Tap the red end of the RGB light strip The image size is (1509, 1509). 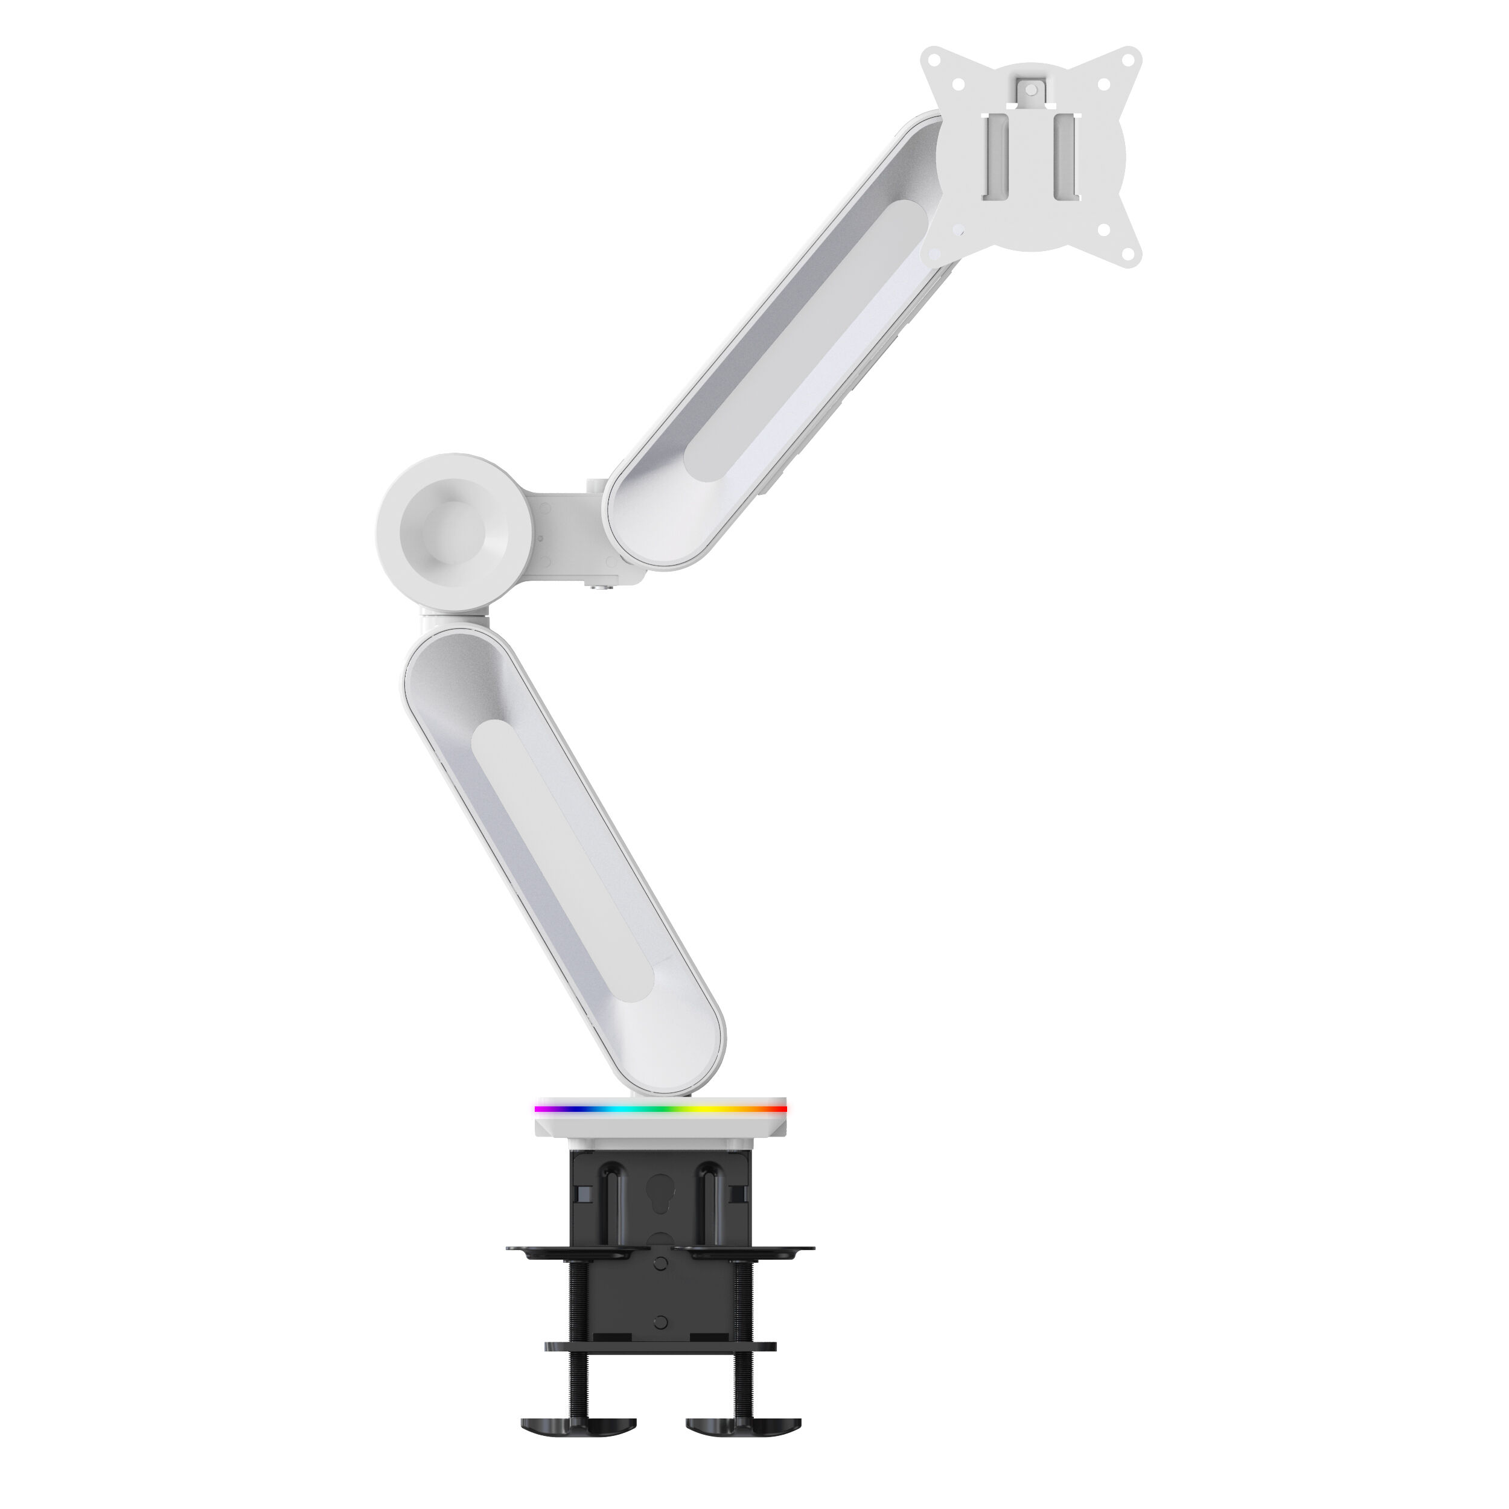(777, 1108)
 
